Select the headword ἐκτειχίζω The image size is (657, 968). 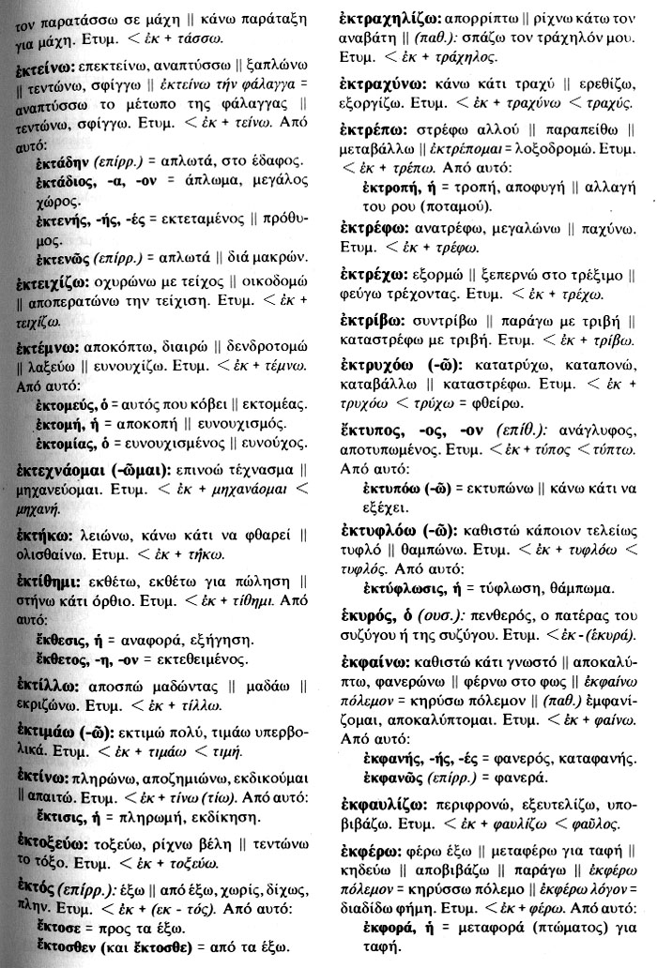pos(48,281)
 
